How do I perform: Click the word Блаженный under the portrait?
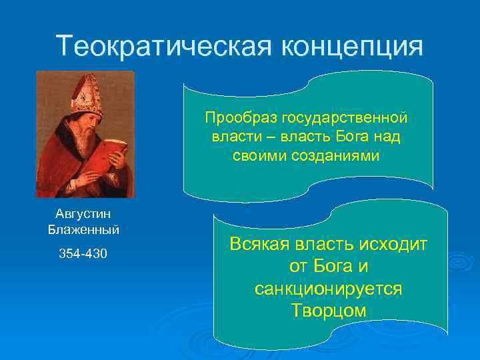[x=84, y=230]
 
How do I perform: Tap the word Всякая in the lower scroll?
[x=257, y=245]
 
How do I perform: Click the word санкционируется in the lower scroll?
[x=329, y=289]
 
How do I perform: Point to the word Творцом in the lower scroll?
[x=329, y=311]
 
